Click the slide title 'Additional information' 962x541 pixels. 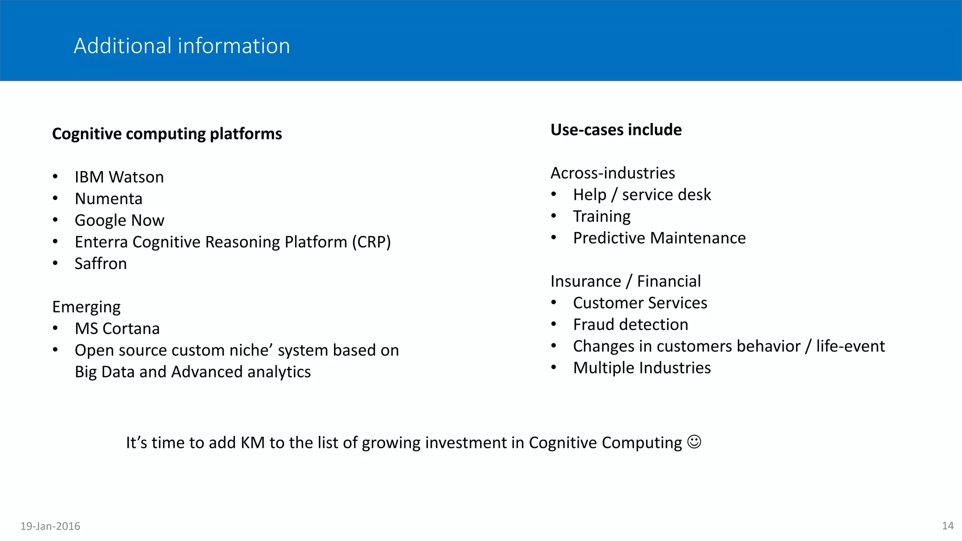tap(182, 46)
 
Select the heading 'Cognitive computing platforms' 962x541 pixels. tap(167, 134)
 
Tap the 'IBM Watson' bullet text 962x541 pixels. tap(119, 177)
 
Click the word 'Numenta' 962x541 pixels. tap(109, 199)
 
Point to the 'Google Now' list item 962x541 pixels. tap(119, 220)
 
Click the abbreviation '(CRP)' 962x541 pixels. tap(371, 242)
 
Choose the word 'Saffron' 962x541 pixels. tap(101, 263)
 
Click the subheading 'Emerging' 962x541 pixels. tap(86, 307)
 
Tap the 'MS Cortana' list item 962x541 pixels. tap(117, 328)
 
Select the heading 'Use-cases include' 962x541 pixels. tap(616, 130)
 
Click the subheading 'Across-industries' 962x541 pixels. tap(613, 173)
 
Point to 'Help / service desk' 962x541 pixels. tap(642, 194)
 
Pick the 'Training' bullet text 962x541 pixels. tap(602, 216)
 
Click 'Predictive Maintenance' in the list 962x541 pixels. tap(659, 238)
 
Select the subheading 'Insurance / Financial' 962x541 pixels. tap(626, 281)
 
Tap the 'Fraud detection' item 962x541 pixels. tap(630, 325)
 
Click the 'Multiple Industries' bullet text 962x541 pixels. tap(642, 368)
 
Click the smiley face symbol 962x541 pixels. tap(694, 442)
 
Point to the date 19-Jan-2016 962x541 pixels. tap(50, 526)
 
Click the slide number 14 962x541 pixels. tap(947, 526)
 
